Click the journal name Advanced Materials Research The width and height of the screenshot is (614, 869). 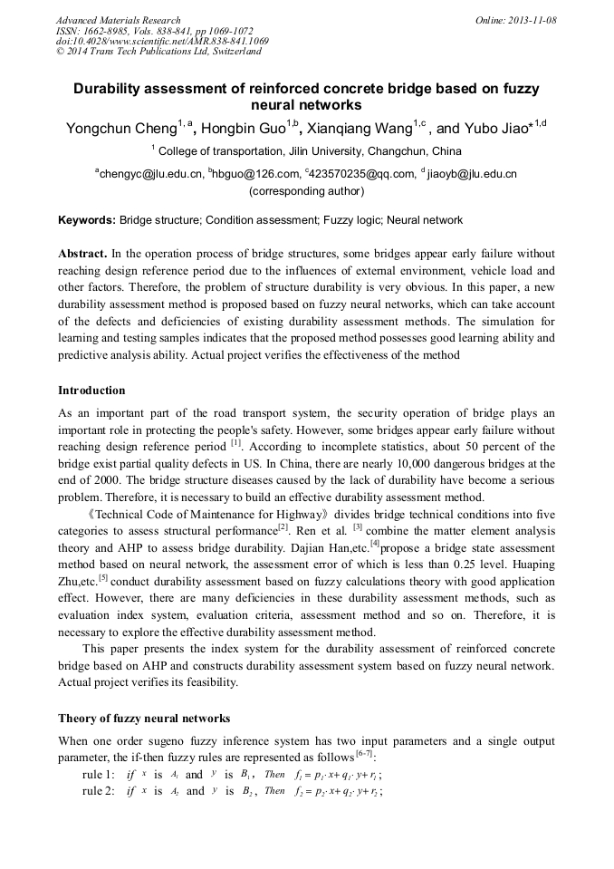click(x=119, y=20)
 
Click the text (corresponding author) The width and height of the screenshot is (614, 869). click(x=306, y=191)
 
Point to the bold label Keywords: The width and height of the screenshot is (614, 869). click(x=87, y=220)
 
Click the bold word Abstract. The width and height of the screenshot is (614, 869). click(x=82, y=254)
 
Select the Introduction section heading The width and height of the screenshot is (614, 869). click(x=91, y=391)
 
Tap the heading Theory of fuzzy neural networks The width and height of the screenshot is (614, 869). click(x=144, y=719)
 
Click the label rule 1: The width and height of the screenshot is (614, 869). click(x=99, y=775)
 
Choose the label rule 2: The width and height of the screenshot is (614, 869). click(x=99, y=791)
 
